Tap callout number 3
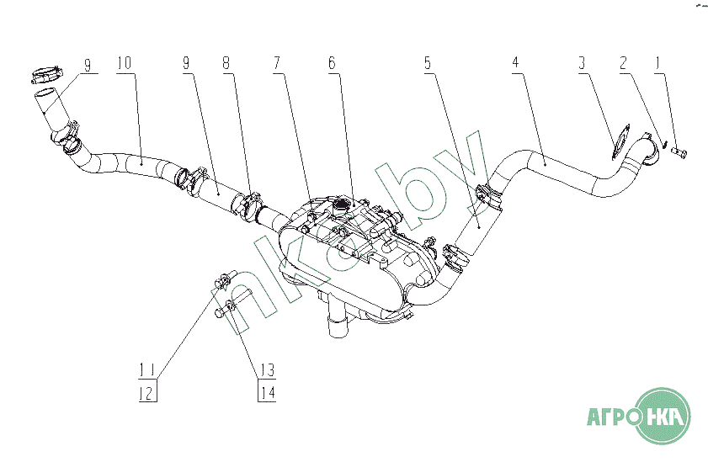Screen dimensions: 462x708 point(581,64)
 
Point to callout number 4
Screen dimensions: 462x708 point(515,64)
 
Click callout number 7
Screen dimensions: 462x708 point(277,64)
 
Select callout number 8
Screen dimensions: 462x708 point(226,64)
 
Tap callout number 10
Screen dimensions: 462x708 point(124,64)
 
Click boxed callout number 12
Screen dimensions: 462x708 point(147,391)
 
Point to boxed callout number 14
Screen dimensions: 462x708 point(268,391)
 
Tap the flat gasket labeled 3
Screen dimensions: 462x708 point(621,140)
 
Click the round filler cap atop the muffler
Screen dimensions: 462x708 point(342,205)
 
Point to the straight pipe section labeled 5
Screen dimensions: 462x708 point(476,226)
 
